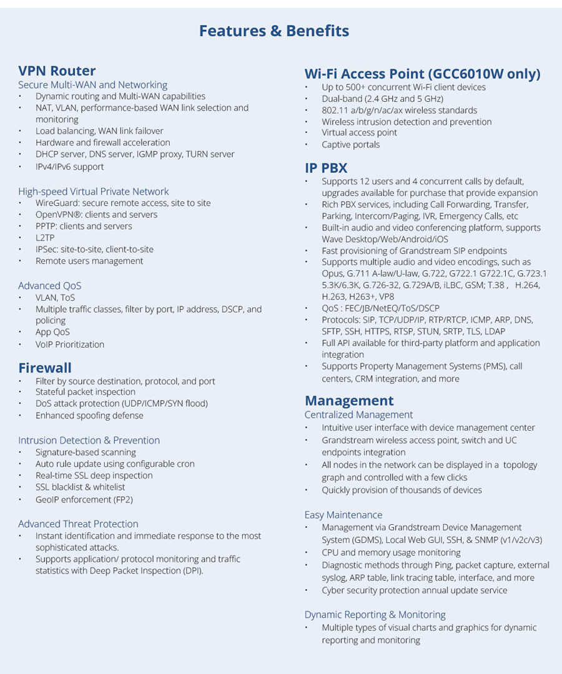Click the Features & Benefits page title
(x=274, y=31)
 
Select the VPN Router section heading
(x=57, y=71)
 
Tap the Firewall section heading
(x=45, y=368)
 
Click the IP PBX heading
(x=326, y=167)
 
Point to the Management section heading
(x=349, y=401)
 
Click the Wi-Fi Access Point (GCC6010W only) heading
(x=422, y=74)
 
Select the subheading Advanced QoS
(x=50, y=286)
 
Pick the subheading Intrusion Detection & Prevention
(x=89, y=440)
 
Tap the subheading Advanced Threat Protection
(x=78, y=524)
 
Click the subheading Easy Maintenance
(x=343, y=515)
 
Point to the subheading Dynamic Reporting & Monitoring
(x=375, y=615)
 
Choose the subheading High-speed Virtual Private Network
(x=94, y=192)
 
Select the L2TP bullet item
(x=45, y=238)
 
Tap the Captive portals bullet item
(x=350, y=144)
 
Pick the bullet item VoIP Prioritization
(x=70, y=344)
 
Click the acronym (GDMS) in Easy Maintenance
(x=371, y=540)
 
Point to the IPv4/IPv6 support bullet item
(x=69, y=167)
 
